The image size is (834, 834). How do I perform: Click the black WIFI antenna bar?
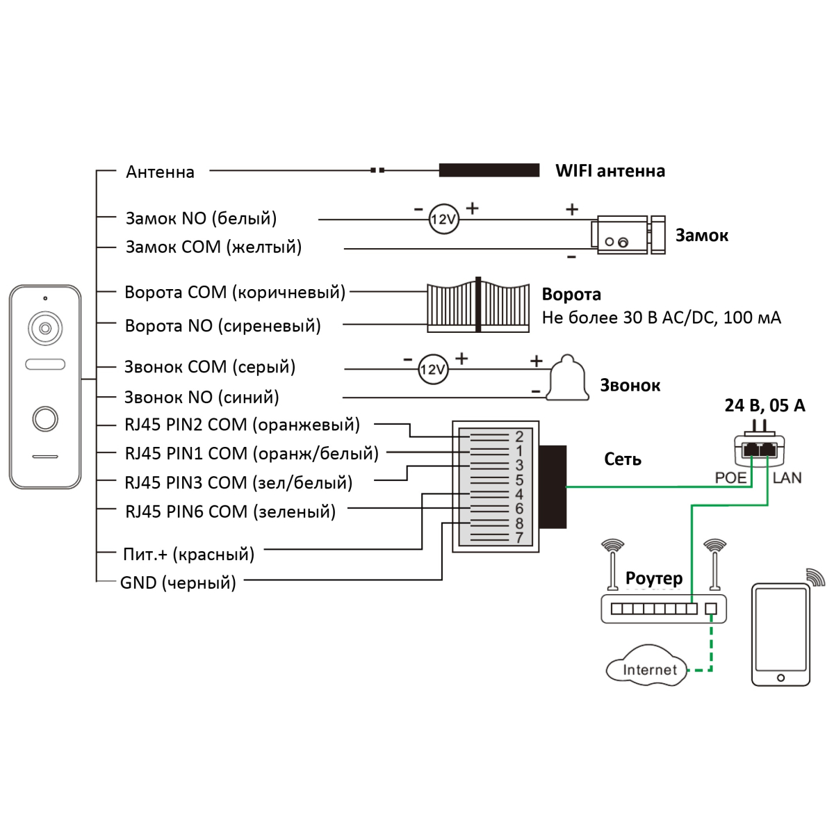[x=489, y=170]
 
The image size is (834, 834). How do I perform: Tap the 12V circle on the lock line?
[x=443, y=220]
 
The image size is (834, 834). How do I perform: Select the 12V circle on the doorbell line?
[x=433, y=369]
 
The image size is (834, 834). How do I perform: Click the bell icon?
[x=569, y=379]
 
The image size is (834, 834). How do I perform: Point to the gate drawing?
[x=478, y=305]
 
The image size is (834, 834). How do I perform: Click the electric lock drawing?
[x=628, y=235]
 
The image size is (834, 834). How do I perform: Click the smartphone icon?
[x=780, y=635]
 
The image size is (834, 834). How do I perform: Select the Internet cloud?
[x=647, y=667]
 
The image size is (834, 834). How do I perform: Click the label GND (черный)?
[x=178, y=582]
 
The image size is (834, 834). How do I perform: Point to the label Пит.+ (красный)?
[x=188, y=554]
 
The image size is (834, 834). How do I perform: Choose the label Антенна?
[x=160, y=172]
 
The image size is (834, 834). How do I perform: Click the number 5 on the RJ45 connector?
[x=519, y=480]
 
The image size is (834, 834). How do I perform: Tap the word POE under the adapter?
[x=730, y=478]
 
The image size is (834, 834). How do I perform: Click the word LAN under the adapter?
[x=787, y=478]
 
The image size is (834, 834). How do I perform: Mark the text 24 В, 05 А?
[x=764, y=405]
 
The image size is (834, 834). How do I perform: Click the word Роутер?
[x=654, y=578]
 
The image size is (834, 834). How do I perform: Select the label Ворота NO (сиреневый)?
[x=222, y=325]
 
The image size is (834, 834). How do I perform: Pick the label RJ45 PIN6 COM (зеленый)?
[x=230, y=512]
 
